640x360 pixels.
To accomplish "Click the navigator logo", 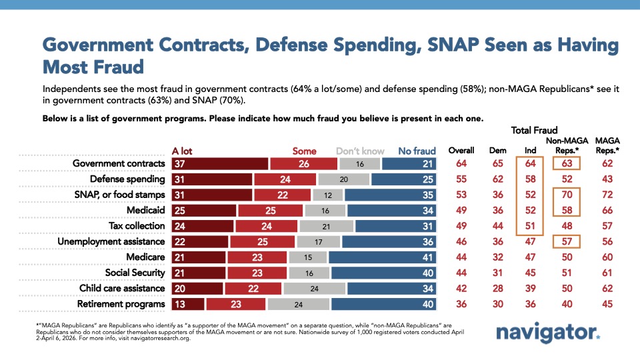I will [547, 333].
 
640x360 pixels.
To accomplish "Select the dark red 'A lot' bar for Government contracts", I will [219, 164].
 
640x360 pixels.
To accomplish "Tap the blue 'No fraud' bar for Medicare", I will [384, 256].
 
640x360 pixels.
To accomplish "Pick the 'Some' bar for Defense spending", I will [285, 179].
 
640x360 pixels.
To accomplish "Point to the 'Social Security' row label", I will [135, 273].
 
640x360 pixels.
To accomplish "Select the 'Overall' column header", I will [461, 151].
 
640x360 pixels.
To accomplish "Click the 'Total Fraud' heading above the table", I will [535, 131].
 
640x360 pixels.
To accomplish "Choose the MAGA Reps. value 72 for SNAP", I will [606, 195].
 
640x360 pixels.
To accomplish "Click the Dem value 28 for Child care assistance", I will [494, 288].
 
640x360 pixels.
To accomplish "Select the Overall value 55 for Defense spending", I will [461, 179].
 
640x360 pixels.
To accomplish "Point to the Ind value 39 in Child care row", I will [530, 288].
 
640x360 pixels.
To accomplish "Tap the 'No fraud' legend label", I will [417, 151].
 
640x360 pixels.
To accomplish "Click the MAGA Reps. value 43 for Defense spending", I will [606, 179].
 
